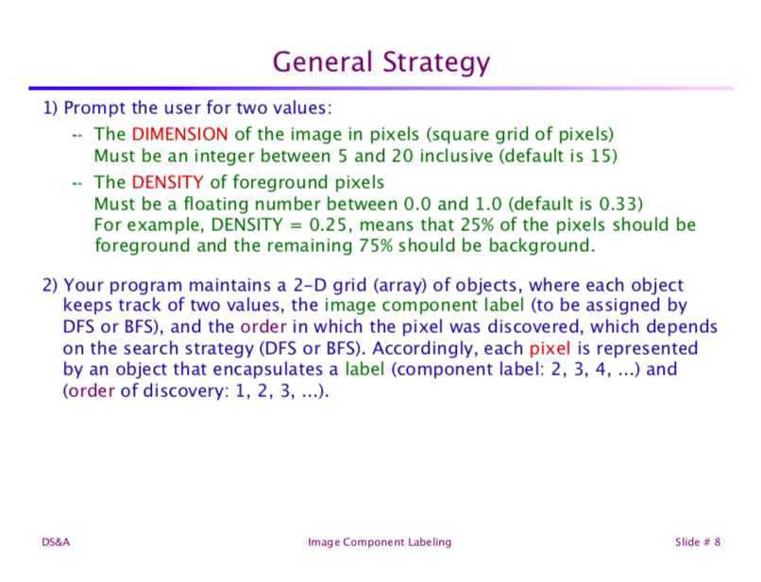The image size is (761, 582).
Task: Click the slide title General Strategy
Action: (x=380, y=62)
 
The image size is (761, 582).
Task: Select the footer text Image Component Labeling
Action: (x=380, y=541)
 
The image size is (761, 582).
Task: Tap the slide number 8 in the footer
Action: (x=718, y=541)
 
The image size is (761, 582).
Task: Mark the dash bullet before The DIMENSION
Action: (x=78, y=135)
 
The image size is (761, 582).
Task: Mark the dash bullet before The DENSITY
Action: (x=78, y=182)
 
